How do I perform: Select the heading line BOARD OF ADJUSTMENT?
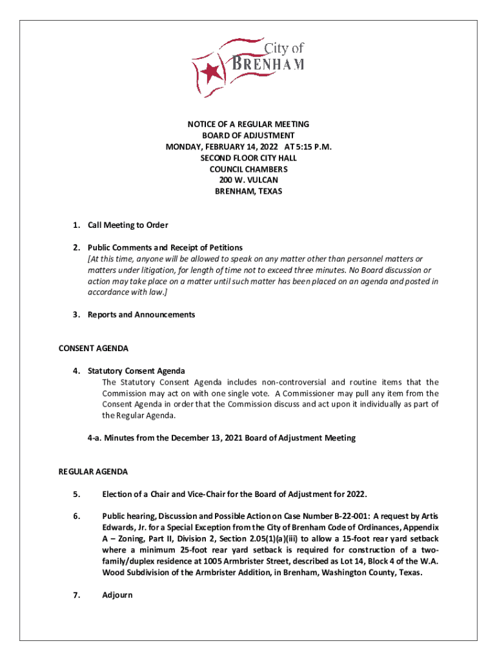pyautogui.click(x=249, y=136)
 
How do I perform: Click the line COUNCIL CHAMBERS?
pyautogui.click(x=249, y=169)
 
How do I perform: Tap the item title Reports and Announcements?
pyautogui.click(x=141, y=315)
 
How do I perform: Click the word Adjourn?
pyautogui.click(x=117, y=595)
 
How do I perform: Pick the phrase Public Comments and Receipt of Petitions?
pyautogui.click(x=165, y=248)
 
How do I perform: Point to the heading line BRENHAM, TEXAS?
pyautogui.click(x=249, y=192)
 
